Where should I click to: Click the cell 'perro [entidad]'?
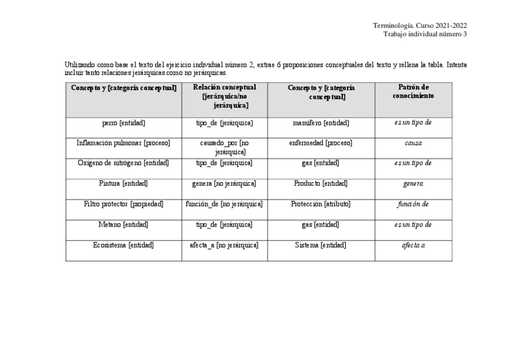(x=123, y=123)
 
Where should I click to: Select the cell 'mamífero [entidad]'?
(x=321, y=123)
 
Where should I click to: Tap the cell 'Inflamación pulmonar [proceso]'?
(x=123, y=143)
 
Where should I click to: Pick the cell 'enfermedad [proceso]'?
(x=321, y=143)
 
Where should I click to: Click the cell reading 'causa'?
(x=413, y=144)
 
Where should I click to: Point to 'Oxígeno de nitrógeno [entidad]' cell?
(x=123, y=163)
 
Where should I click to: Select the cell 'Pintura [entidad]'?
(x=123, y=183)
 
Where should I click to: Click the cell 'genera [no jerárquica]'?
(x=224, y=183)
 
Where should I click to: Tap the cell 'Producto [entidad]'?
(x=321, y=183)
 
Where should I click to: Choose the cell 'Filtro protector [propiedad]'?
(x=123, y=204)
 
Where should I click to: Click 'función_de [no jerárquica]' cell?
(x=224, y=204)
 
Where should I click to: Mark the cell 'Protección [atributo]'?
(x=321, y=204)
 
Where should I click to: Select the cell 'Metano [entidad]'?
(x=123, y=224)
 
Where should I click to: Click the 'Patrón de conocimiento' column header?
(x=413, y=91)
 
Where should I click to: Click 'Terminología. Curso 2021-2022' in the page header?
(x=420, y=25)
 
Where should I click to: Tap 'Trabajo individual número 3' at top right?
(x=425, y=34)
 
